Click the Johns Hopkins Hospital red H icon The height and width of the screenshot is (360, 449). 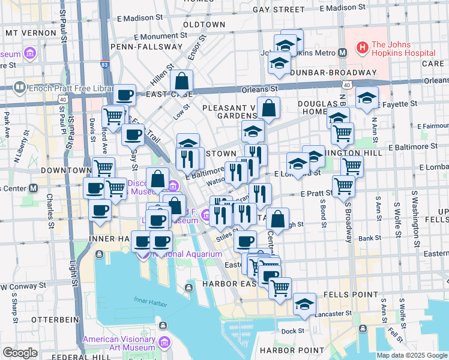click(362, 46)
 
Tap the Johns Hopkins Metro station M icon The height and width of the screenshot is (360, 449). click(342, 52)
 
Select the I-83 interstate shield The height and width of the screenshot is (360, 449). click(104, 63)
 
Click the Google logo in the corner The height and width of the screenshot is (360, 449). click(20, 353)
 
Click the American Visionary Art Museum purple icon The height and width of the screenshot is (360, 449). click(164, 343)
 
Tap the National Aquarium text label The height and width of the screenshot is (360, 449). click(187, 254)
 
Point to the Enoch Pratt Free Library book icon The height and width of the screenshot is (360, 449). click(20, 88)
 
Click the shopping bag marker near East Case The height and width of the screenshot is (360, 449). click(181, 81)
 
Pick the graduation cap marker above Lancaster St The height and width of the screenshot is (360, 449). click(304, 304)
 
